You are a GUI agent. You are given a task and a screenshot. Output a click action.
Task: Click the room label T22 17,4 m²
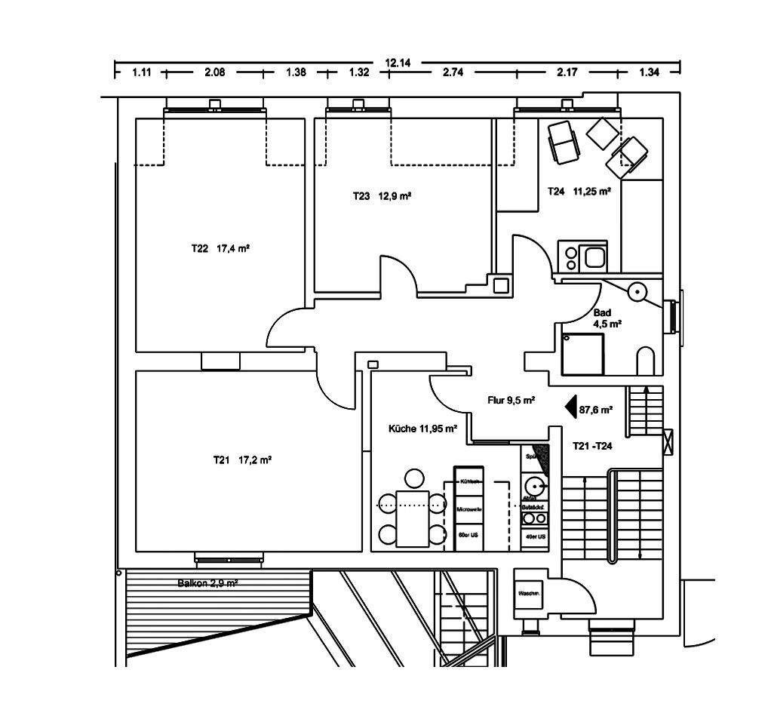[220, 247]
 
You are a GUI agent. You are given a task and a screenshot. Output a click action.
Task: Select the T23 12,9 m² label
[382, 196]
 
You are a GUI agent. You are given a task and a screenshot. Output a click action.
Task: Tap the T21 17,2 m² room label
[242, 459]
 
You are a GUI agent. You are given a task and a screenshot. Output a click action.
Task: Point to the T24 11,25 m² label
[579, 192]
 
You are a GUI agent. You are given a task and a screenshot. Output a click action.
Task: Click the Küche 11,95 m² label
[422, 429]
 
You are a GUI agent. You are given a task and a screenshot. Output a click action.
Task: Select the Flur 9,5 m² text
[511, 401]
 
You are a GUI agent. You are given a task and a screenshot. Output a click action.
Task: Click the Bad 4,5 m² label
[607, 318]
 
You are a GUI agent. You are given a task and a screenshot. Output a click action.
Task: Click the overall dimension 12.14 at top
[398, 63]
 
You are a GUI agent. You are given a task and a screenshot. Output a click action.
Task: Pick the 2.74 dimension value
[453, 73]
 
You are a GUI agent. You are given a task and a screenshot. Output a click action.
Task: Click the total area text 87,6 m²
[595, 410]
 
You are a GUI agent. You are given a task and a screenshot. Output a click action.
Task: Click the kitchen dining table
[412, 518]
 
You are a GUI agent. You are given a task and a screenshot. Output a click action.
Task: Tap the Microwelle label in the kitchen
[468, 510]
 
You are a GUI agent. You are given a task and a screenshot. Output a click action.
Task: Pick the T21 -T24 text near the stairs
[592, 446]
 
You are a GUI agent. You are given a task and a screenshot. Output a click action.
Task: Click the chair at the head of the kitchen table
[413, 478]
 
